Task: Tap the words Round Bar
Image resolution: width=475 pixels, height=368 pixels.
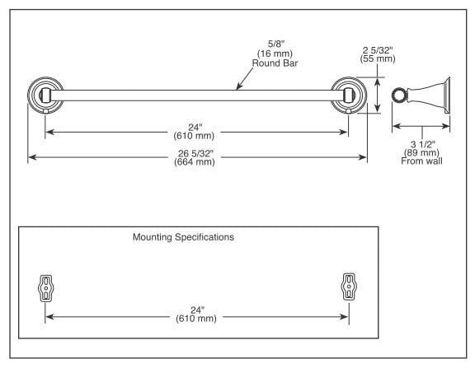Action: [x=275, y=63]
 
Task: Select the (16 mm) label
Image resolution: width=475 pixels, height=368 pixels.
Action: [x=275, y=54]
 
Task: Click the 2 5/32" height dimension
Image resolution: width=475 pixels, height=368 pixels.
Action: [x=378, y=50]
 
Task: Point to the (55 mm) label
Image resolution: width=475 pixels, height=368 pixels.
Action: [x=378, y=58]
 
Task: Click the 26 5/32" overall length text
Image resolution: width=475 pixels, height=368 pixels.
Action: [x=195, y=154]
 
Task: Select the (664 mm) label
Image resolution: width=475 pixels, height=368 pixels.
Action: [x=195, y=162]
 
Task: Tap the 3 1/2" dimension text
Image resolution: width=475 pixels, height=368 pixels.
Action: [x=422, y=144]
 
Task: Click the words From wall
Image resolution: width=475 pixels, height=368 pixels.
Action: [x=421, y=161]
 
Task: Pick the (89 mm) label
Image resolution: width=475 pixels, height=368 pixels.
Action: [x=421, y=152]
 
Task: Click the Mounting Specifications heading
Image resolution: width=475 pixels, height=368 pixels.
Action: [x=183, y=237]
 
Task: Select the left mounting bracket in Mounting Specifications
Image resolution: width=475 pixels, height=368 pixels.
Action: [x=45, y=288]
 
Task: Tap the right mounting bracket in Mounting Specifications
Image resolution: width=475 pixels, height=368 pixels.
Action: [x=349, y=286]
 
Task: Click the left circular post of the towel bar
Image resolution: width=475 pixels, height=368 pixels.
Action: [x=45, y=95]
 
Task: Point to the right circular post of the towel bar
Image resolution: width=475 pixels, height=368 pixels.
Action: [x=349, y=95]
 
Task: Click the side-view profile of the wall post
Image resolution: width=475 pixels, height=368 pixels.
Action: [x=421, y=95]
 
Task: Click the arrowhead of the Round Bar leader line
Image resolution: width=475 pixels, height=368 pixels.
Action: [x=237, y=88]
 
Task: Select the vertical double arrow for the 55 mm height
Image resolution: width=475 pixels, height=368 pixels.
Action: [x=378, y=95]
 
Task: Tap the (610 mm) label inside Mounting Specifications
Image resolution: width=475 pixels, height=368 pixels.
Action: [x=196, y=319]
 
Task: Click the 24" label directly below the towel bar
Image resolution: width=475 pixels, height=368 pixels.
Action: [x=195, y=128]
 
